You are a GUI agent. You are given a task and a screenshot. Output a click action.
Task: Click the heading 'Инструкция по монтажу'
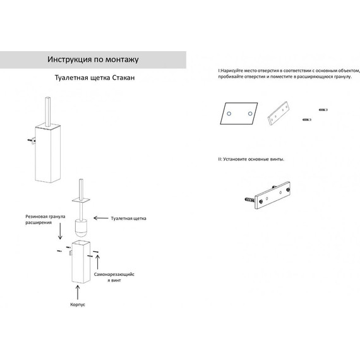pos(93,59)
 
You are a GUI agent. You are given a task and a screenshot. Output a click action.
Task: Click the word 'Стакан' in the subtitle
pos(123,78)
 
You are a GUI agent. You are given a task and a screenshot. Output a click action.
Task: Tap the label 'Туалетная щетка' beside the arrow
pos(129,219)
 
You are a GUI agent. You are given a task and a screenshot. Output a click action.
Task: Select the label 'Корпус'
pos(78,304)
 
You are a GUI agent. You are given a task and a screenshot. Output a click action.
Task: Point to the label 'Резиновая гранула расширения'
pos(45,220)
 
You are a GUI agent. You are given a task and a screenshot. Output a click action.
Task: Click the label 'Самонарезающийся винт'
pos(114,277)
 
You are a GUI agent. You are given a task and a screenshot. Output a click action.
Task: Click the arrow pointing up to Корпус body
pos(78,292)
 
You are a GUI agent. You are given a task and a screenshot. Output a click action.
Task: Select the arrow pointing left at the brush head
pos(101,218)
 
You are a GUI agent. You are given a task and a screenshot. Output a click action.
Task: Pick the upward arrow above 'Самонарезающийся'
pos(97,261)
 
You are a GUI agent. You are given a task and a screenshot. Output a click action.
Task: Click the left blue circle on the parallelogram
pos(229,114)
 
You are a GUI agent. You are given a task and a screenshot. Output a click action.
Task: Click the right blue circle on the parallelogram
pos(250,114)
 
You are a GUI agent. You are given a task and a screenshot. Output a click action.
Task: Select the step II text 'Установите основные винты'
pos(254,159)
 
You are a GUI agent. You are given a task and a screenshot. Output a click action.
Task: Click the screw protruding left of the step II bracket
pos(250,200)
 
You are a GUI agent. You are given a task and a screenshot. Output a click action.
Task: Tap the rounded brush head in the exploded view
pos(81,228)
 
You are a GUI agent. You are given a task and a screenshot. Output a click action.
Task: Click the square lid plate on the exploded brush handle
pos(81,200)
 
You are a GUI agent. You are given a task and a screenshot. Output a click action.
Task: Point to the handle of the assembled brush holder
pos(48,112)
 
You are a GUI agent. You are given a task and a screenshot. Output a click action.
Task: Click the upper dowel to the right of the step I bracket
pos(323,110)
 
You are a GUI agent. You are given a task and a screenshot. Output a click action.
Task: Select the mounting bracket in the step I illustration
pos(279,114)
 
